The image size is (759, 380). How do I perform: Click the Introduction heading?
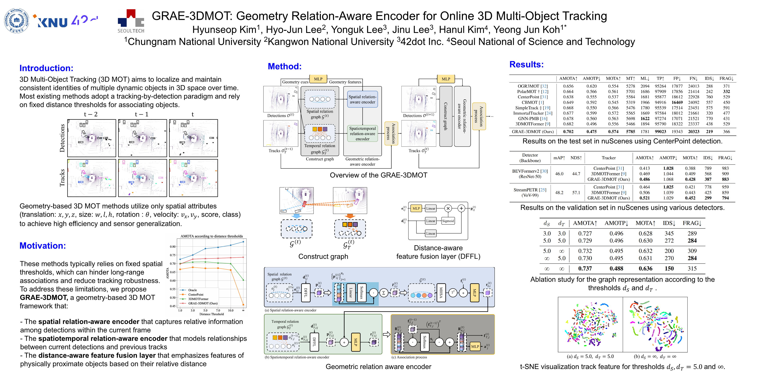coord(46,68)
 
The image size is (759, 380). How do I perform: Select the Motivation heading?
coord(43,246)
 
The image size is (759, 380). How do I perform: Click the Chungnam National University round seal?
coord(16,21)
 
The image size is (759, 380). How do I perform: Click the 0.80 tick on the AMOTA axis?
coord(173,247)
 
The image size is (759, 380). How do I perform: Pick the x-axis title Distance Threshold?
coord(211,314)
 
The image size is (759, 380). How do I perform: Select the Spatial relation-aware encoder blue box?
coord(362,99)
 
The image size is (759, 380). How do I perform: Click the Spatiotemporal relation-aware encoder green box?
coord(362,134)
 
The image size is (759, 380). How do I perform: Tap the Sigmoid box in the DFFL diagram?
coord(448,221)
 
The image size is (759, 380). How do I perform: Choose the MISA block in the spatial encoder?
coord(441,293)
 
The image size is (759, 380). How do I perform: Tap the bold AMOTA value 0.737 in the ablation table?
coord(585,269)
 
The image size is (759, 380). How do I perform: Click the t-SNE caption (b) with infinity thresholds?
coord(655,356)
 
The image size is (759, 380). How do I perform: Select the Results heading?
coord(526,65)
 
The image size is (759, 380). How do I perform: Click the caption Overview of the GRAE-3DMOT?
coord(378,175)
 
